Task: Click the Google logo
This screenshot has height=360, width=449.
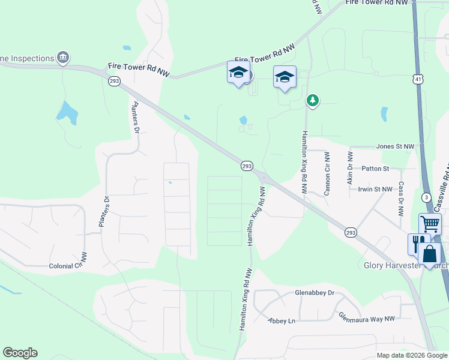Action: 20,353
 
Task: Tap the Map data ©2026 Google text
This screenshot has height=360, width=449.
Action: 412,355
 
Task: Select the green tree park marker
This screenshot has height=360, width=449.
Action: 312,100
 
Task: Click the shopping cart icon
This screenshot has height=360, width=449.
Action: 430,224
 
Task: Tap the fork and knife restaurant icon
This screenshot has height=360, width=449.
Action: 418,243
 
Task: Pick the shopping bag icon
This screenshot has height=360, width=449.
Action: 430,253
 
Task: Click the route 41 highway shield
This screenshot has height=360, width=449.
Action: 417,79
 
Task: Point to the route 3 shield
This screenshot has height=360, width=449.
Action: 426,197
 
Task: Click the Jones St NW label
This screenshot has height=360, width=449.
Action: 395,146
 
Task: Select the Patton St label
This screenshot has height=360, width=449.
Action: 375,169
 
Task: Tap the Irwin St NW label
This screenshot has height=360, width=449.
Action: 375,189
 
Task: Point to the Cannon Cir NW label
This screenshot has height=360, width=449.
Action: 327,173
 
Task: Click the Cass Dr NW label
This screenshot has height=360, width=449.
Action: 400,200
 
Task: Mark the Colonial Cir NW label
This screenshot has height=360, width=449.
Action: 68,266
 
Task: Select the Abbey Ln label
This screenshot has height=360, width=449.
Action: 282,321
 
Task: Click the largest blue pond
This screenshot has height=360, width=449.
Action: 67,113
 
